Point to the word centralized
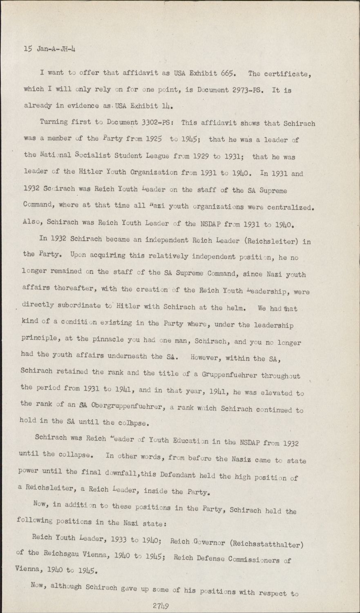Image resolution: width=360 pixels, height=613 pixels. click(291, 207)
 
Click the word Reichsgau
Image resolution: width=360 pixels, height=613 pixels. click(61, 554)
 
